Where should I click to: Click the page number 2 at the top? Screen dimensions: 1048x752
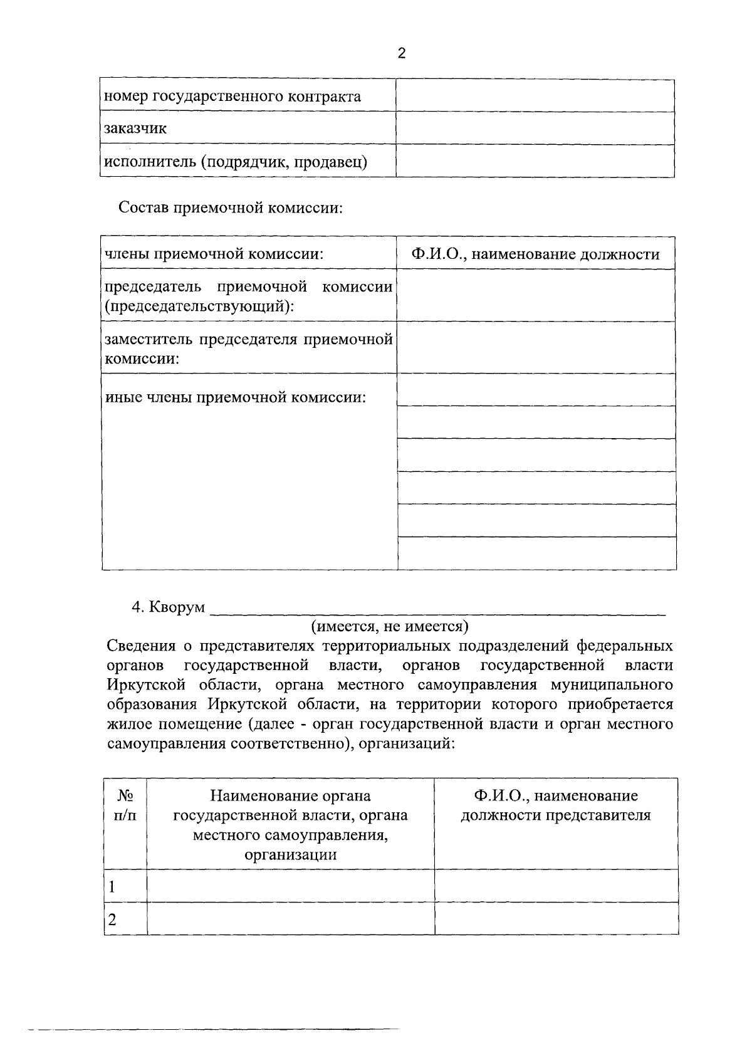tap(402, 54)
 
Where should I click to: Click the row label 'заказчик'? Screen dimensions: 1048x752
tap(135, 129)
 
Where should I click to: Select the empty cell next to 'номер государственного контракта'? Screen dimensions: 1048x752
tap(535, 96)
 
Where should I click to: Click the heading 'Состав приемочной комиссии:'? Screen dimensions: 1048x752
tap(231, 207)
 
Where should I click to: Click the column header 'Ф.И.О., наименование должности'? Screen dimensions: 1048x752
tap(536, 254)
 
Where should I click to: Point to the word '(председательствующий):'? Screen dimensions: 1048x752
tap(200, 307)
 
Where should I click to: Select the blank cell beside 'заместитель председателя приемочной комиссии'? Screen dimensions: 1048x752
tap(536, 347)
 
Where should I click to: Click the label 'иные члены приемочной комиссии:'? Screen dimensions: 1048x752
tap(235, 397)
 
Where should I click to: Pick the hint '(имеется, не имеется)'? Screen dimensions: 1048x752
tap(390, 626)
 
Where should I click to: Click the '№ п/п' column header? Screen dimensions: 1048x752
tap(125, 805)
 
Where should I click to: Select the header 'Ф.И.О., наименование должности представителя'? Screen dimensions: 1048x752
tap(556, 805)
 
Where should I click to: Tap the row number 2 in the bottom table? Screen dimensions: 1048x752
tap(112, 920)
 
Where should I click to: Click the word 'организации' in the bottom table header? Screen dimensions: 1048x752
tap(290, 855)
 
